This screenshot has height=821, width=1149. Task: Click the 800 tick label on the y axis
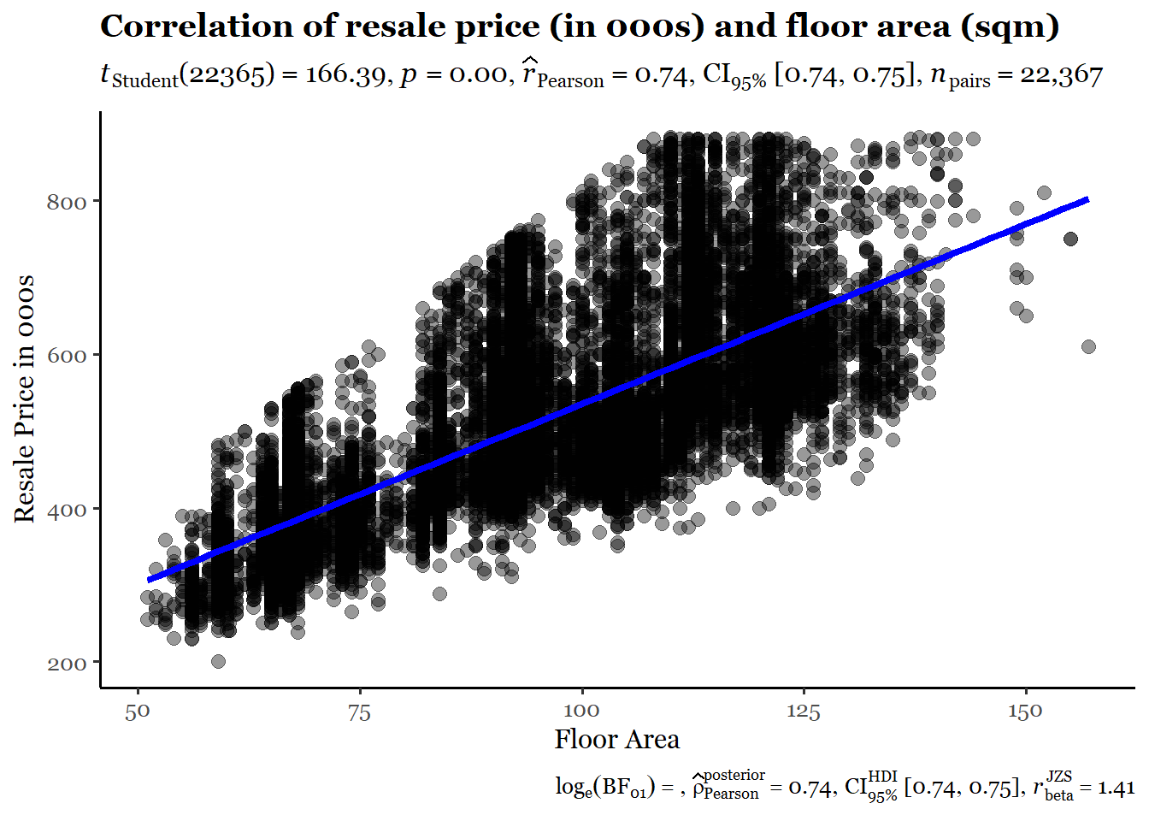point(67,202)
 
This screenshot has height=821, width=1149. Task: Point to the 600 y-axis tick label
point(67,356)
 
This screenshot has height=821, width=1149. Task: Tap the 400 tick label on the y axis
point(67,510)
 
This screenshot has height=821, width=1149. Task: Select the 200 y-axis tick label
point(67,664)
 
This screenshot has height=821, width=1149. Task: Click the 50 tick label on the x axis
point(138,712)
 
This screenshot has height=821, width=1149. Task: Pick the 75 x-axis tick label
point(360,712)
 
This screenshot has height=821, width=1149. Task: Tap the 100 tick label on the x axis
point(581,712)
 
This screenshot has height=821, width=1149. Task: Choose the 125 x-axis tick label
point(804,712)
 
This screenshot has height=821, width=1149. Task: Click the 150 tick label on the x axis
point(1025,712)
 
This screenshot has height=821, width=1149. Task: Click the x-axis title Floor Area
point(616,740)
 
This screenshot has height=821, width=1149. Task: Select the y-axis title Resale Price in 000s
point(25,399)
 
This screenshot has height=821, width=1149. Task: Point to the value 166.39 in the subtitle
point(345,75)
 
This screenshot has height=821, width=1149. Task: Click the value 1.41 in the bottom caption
point(1116,789)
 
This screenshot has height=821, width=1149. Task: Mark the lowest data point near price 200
point(218,661)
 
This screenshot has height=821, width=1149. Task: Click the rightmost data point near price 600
point(1088,346)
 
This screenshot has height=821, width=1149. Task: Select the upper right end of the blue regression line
point(1087,199)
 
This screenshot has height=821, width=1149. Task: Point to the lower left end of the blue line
point(150,580)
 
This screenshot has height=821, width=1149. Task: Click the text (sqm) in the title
point(1010,27)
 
